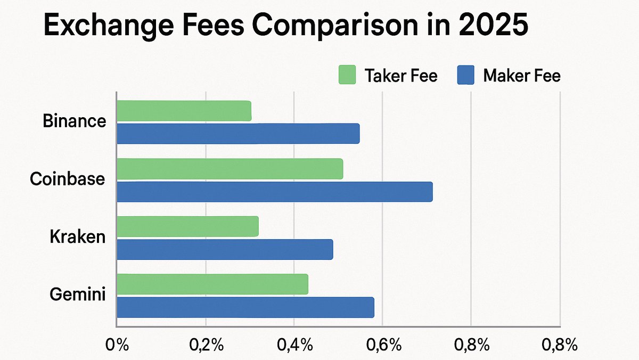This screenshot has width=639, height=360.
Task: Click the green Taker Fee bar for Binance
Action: click(x=184, y=110)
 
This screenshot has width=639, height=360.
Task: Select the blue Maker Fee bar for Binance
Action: click(x=238, y=133)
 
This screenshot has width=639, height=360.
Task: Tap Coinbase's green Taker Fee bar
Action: click(x=230, y=168)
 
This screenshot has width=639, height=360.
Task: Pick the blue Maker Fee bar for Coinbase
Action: click(x=274, y=191)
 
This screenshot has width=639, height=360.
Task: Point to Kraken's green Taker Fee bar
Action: click(x=187, y=226)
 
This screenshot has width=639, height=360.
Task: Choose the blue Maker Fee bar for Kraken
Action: click(x=225, y=249)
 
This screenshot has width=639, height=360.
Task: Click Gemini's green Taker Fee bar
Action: click(x=212, y=284)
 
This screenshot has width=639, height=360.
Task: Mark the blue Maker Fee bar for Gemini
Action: click(x=245, y=307)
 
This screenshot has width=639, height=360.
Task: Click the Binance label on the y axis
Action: click(x=74, y=121)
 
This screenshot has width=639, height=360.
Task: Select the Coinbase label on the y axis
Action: click(x=67, y=179)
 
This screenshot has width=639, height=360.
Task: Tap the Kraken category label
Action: click(x=77, y=238)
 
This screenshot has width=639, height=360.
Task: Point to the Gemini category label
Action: click(x=77, y=295)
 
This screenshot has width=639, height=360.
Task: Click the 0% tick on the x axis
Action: click(x=117, y=345)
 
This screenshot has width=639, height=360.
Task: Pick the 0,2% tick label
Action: click(x=206, y=345)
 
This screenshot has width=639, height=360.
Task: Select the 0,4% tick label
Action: click(x=294, y=345)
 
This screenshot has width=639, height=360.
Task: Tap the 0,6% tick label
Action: click(x=383, y=345)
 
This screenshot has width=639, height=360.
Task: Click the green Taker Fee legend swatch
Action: click(x=347, y=75)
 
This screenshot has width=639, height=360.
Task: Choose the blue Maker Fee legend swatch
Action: click(x=465, y=75)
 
